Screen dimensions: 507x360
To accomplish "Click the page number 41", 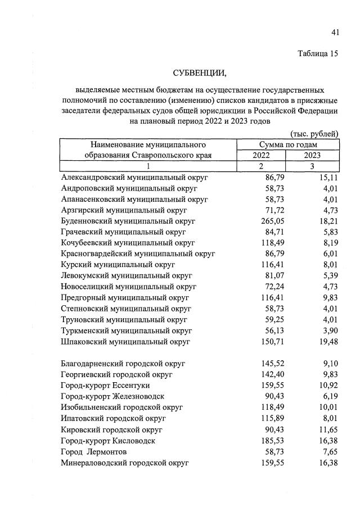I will click(x=335, y=33).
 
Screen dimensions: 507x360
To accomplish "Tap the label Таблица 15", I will click(x=318, y=54).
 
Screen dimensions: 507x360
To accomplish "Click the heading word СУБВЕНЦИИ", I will click(x=200, y=73).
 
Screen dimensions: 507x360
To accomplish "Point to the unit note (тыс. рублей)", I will click(x=314, y=134).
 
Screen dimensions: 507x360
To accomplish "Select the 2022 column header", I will click(x=261, y=155).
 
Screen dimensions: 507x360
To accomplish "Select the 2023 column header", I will click(x=312, y=155).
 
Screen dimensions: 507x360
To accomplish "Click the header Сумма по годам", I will click(x=287, y=144).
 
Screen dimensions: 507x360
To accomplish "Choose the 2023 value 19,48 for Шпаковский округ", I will click(x=326, y=341).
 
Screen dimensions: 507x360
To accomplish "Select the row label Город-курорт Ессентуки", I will click(x=110, y=386).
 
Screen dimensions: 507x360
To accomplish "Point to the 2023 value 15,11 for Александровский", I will click(x=326, y=177).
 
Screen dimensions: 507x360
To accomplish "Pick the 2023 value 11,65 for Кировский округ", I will click(x=326, y=429).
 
